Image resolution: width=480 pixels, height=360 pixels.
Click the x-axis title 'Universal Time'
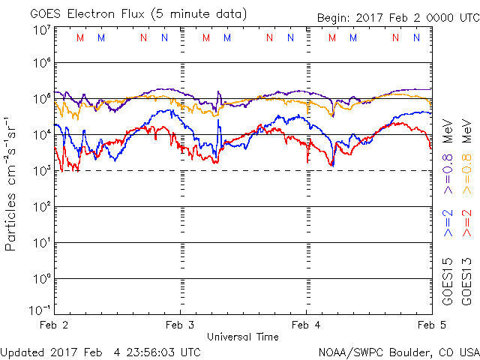pos(241,337)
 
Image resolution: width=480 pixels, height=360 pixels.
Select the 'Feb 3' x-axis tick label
pos(180,325)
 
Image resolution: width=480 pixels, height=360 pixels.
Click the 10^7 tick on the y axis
pos(41,30)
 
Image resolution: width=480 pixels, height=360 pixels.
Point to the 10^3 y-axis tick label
pos(41,171)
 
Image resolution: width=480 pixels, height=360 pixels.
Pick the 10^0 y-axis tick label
pos(41,279)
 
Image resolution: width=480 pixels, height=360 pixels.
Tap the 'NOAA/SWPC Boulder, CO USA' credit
pos(398,352)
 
